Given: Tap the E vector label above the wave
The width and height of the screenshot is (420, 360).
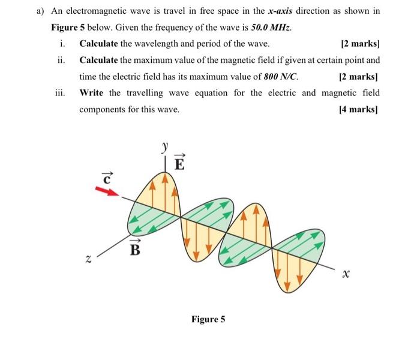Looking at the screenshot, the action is [x=179, y=163].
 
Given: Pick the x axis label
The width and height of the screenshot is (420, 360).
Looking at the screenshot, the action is [x=344, y=274].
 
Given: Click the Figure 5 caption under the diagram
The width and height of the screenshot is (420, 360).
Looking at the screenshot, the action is [x=208, y=319].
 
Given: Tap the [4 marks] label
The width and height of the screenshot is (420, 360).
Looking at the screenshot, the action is [x=359, y=110].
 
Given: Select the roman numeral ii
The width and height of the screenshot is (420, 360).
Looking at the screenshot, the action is [x=61, y=60].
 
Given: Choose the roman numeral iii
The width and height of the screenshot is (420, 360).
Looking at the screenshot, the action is [x=59, y=93].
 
